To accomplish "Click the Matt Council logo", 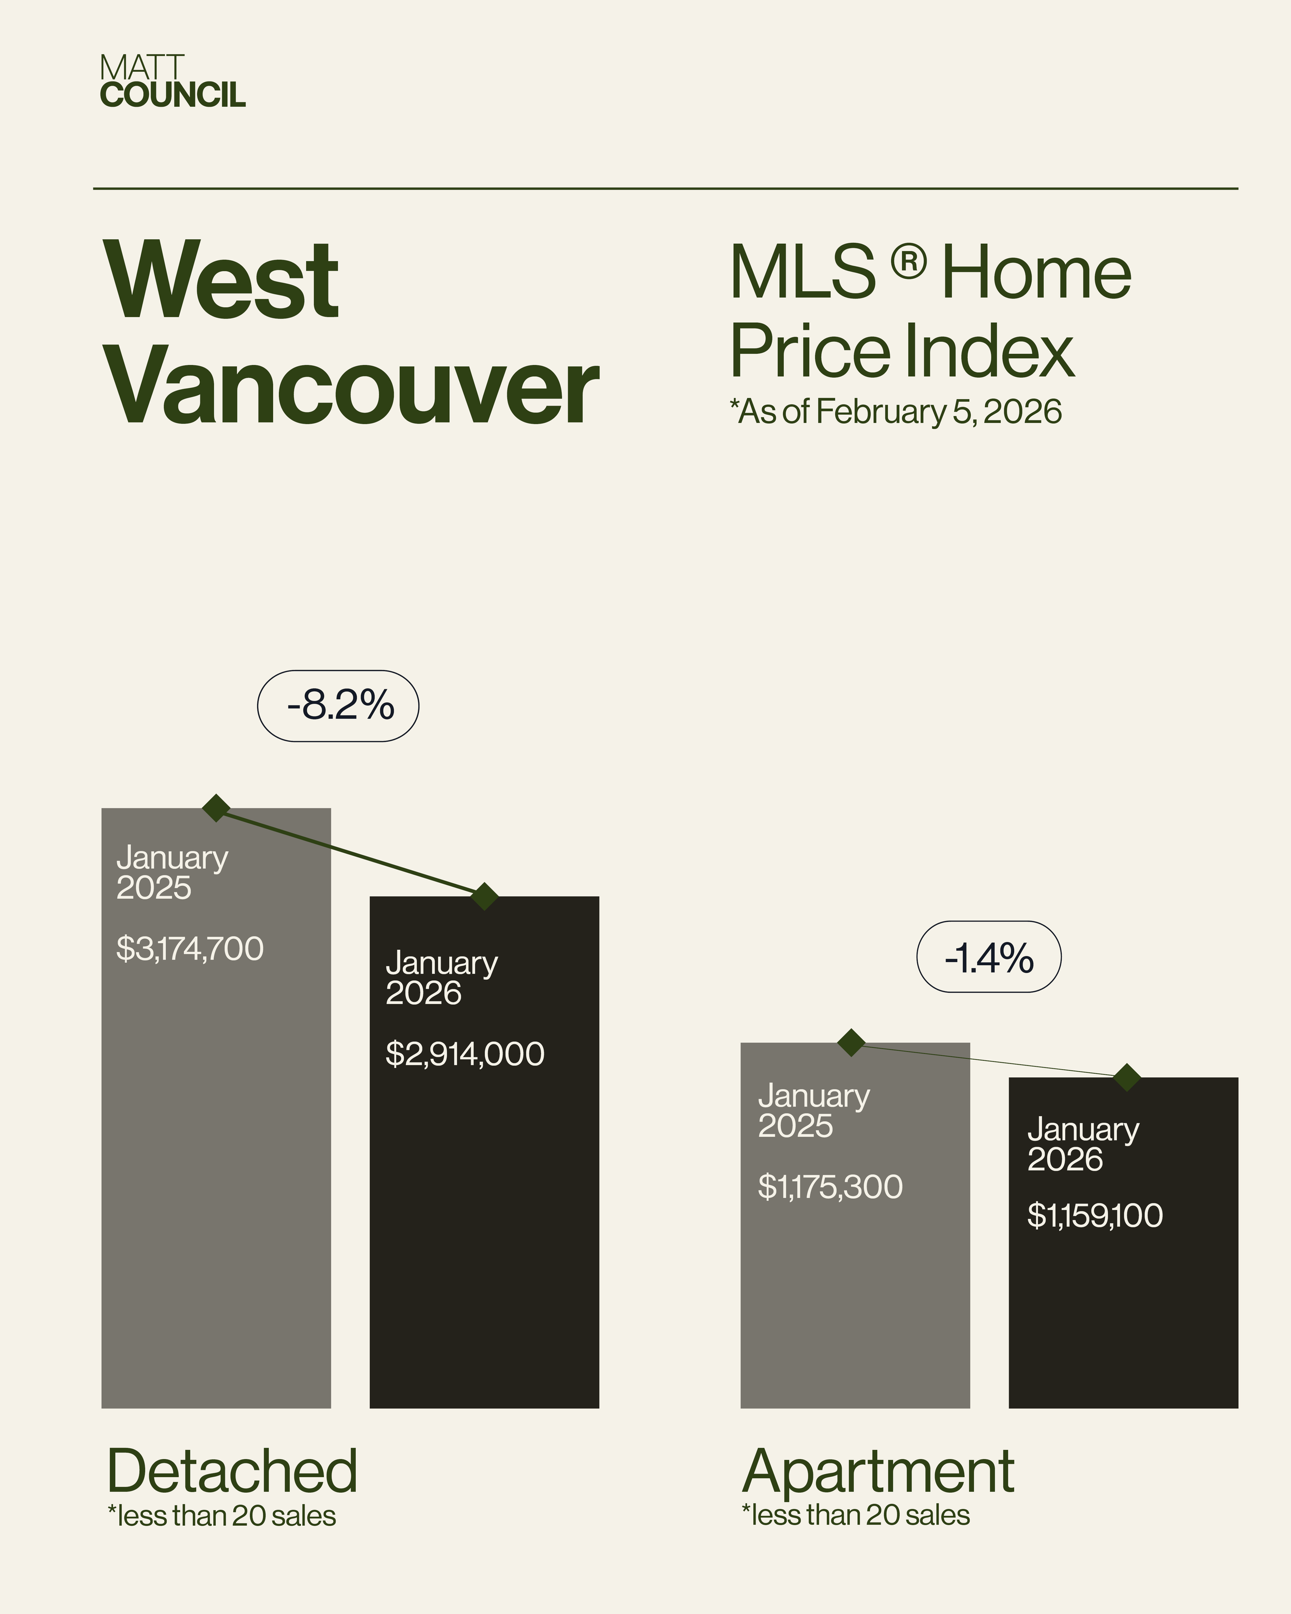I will pyautogui.click(x=172, y=82).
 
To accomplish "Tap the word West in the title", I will pyautogui.click(x=222, y=281).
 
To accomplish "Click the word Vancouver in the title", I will pyautogui.click(x=352, y=389).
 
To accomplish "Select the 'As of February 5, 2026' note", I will pyautogui.click(x=896, y=412).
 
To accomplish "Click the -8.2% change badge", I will pyautogui.click(x=338, y=706).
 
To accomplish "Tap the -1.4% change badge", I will pyautogui.click(x=988, y=957).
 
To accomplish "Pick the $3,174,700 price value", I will pyautogui.click(x=190, y=948).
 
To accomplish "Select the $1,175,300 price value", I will pyautogui.click(x=830, y=1186).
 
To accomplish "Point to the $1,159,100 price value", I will pyautogui.click(x=1095, y=1215).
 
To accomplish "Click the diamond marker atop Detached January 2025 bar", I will pyautogui.click(x=216, y=808).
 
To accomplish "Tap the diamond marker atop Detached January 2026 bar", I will pyautogui.click(x=485, y=896).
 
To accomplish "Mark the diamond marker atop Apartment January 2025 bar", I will pyautogui.click(x=852, y=1042).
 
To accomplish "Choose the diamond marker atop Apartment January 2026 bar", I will pyautogui.click(x=1127, y=1077).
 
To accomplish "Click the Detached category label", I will pyautogui.click(x=232, y=1471).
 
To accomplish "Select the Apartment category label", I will pyautogui.click(x=878, y=1471).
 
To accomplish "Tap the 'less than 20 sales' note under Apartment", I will pyautogui.click(x=856, y=1515).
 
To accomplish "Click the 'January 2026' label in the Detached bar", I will pyautogui.click(x=442, y=978).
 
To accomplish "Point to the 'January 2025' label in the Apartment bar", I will pyautogui.click(x=813, y=1110).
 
